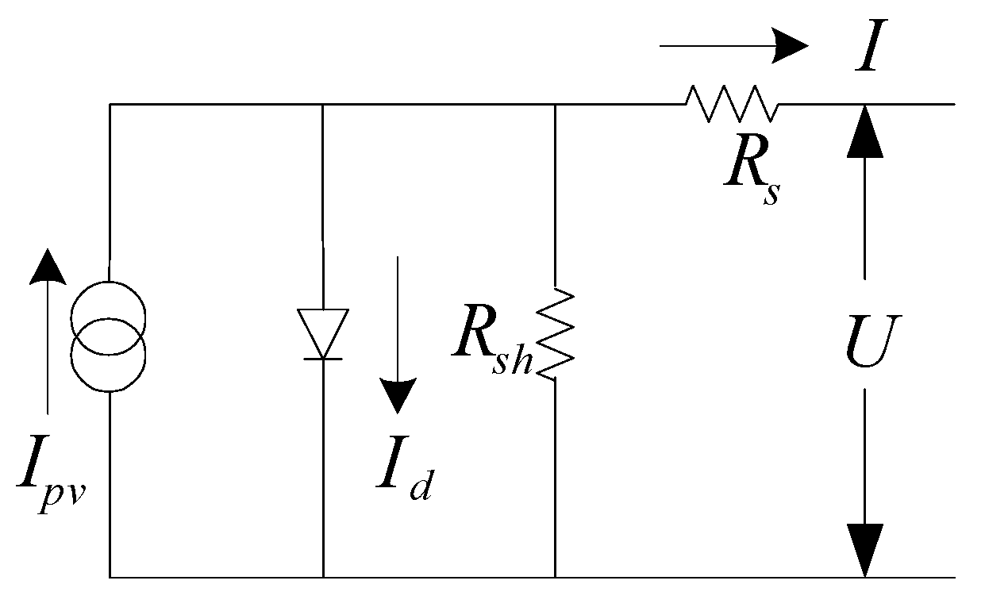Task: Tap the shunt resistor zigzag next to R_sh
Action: (x=556, y=334)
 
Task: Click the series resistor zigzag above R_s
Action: (x=732, y=103)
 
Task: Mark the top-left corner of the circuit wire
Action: (x=110, y=104)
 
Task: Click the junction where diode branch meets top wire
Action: (x=322, y=104)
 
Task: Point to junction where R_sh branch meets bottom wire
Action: (x=555, y=577)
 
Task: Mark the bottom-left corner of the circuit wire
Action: (x=110, y=577)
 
